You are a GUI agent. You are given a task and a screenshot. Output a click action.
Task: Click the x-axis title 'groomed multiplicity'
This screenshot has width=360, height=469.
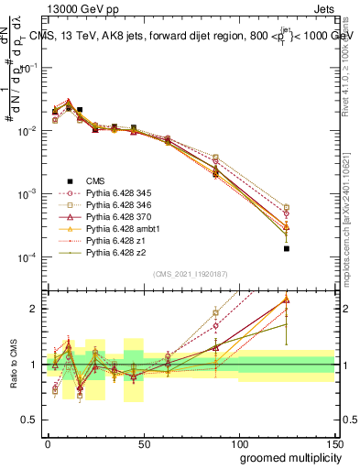pyautogui.click(x=286, y=457)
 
